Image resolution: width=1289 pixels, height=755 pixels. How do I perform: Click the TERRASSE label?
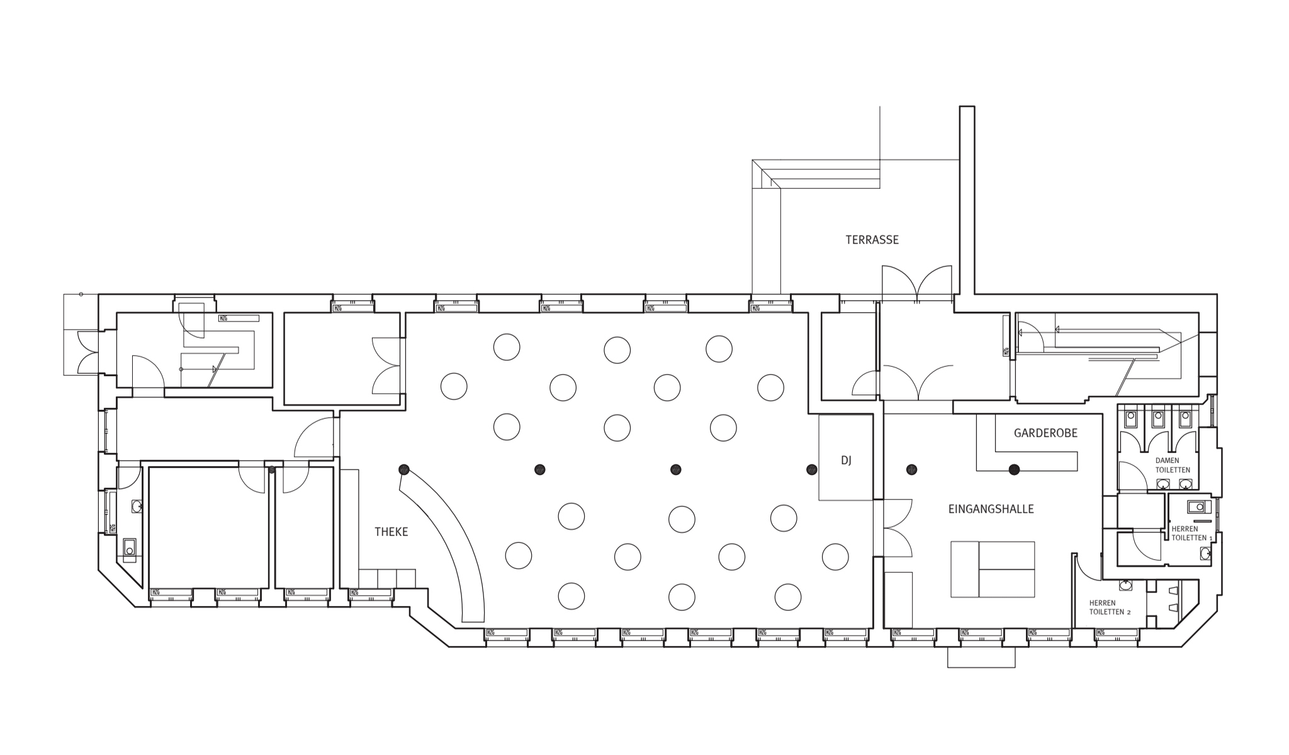coord(872,240)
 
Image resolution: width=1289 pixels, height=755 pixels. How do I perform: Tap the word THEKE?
coord(391,532)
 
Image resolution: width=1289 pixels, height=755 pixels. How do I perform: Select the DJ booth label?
coord(846,461)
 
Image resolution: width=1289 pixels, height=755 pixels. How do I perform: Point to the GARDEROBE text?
coord(1045,433)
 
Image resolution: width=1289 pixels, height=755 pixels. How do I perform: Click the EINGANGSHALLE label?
coord(991,509)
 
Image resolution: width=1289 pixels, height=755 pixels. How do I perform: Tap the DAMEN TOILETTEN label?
coord(1172,465)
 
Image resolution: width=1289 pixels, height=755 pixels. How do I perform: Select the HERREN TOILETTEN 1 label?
coord(1189,534)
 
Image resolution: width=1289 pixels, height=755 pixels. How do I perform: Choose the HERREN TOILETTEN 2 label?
coord(1110,607)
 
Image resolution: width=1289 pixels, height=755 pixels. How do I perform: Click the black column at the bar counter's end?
coord(403,469)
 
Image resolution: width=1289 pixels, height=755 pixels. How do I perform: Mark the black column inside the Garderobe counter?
coord(1014,469)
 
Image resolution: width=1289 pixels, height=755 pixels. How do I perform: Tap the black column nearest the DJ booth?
coord(812,469)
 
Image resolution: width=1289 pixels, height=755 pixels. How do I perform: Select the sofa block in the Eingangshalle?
coord(993,569)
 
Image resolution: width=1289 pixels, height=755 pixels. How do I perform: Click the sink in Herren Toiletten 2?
coord(1125,585)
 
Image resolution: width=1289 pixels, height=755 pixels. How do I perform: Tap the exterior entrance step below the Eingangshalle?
coord(981,657)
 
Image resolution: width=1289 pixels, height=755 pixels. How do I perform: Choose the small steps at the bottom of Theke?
coord(387,578)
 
